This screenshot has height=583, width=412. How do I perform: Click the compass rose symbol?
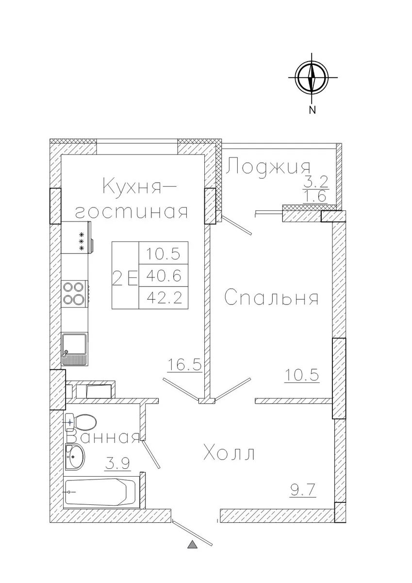coord(312,78)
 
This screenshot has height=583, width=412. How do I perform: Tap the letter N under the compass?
coord(312,110)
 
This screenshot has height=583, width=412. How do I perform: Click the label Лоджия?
coord(268,167)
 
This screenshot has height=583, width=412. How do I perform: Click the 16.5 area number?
coord(185,364)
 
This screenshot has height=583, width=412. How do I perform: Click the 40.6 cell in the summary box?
coord(164,275)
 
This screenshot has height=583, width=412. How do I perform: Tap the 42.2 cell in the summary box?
coord(164,298)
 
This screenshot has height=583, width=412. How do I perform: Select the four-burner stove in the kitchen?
coord(75,294)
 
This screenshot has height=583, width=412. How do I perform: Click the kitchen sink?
coord(75,349)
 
